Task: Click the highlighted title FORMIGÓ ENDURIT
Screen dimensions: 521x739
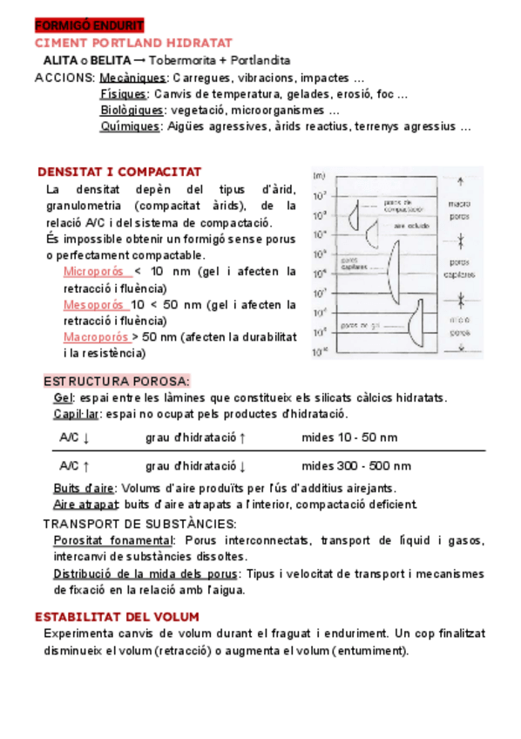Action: click(x=83, y=25)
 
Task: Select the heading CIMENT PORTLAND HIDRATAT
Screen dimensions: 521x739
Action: click(x=132, y=43)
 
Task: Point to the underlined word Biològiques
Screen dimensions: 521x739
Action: click(x=132, y=110)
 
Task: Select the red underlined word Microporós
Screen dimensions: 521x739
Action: click(x=93, y=271)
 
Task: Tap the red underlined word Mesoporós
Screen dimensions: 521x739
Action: click(x=93, y=304)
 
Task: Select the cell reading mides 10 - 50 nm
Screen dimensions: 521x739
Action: click(x=349, y=437)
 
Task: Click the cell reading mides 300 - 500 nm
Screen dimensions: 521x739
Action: click(x=356, y=466)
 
